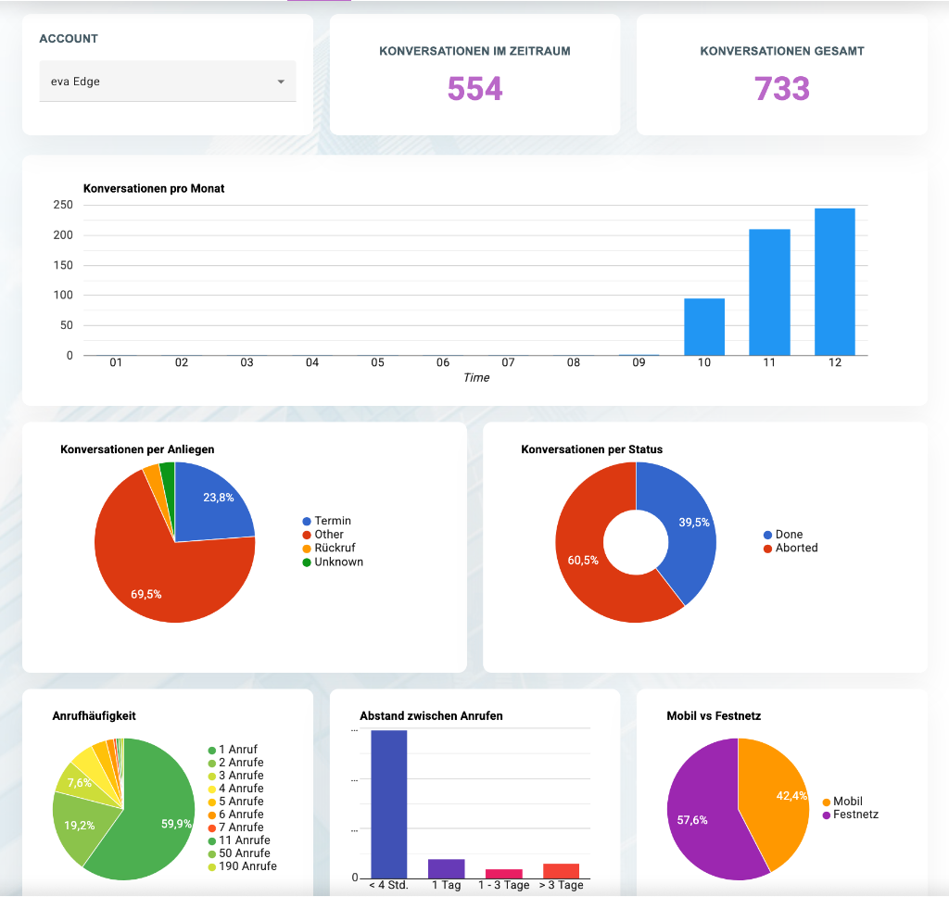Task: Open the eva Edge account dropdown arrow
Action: pos(281,82)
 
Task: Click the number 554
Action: pos(474,88)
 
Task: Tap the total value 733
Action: pos(781,88)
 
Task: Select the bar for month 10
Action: pos(704,326)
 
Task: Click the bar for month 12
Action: pos(834,282)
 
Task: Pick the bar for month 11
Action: pos(769,292)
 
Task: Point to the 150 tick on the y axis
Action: pos(64,265)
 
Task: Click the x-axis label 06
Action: pos(443,363)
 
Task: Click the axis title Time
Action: pos(476,378)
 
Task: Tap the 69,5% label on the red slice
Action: pos(146,594)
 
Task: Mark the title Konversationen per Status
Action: pos(591,449)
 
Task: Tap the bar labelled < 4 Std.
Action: pos(388,803)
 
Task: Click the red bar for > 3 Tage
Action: pos(561,870)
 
